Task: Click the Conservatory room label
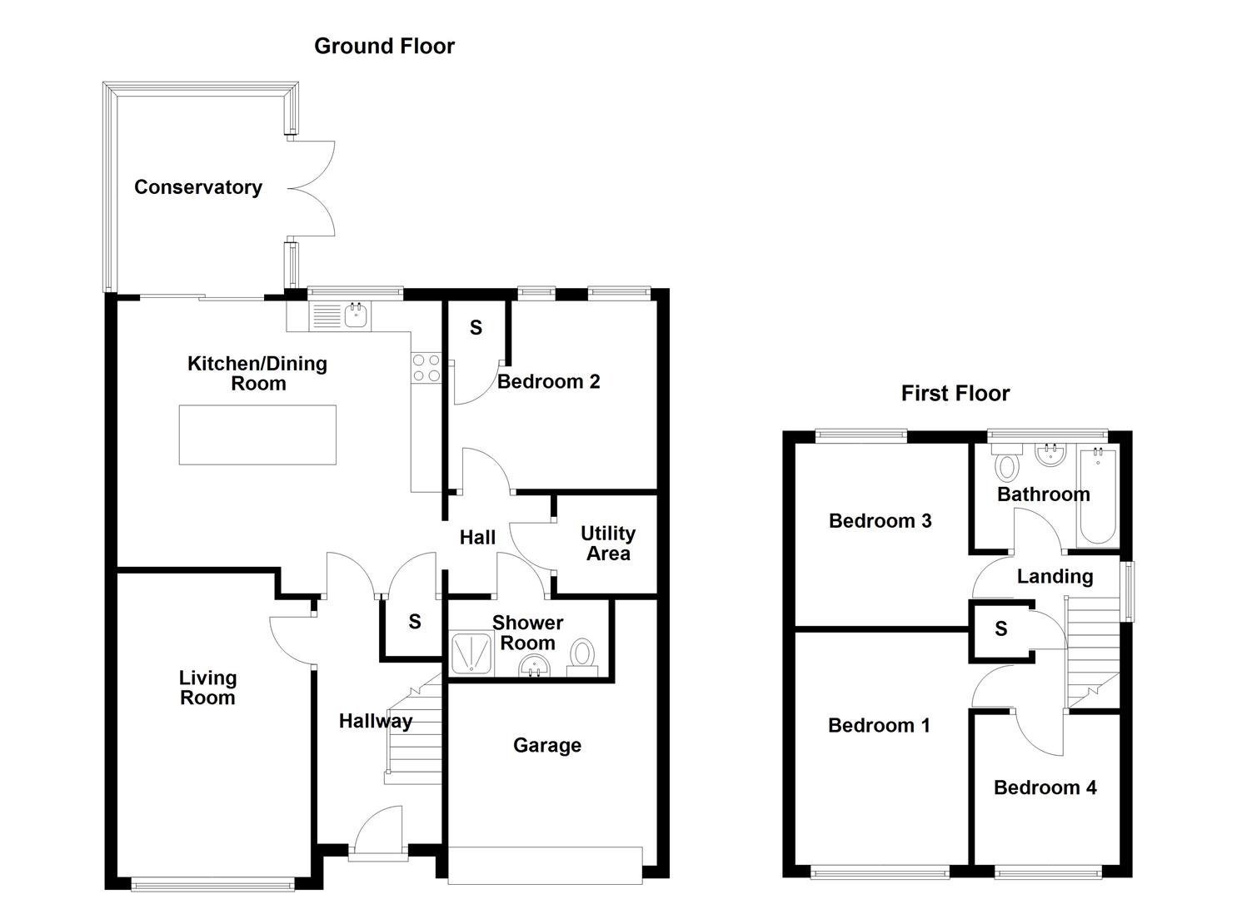point(198,187)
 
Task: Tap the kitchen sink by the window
point(356,315)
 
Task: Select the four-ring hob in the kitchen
point(426,368)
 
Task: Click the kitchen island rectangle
point(257,435)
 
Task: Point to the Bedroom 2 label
point(548,381)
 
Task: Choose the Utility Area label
point(608,544)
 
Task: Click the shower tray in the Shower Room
point(472,653)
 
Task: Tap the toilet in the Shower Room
point(582,655)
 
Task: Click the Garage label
point(546,745)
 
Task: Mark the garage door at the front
point(545,865)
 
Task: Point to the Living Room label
point(207,688)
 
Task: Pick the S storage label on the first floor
point(1000,629)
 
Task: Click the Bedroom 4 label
point(1045,787)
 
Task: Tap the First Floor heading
point(955,393)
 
